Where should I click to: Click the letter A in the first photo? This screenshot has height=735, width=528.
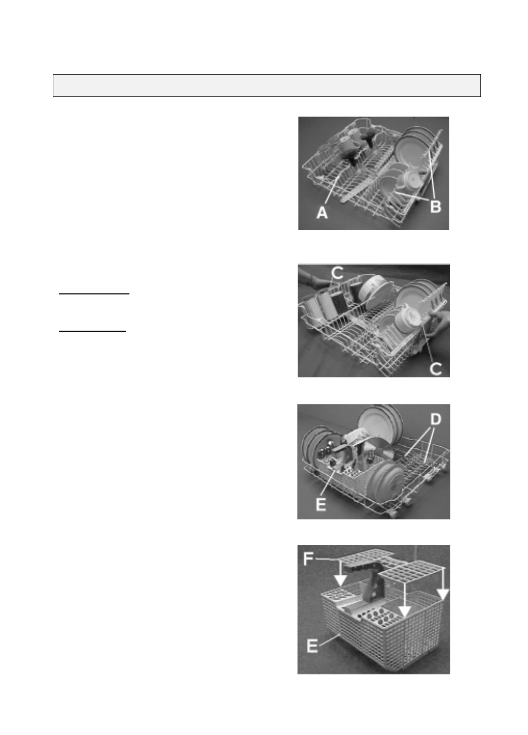pos(322,213)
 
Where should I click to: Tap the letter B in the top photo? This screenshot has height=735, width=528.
pos(435,207)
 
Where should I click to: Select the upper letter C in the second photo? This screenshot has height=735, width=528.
pos(338,273)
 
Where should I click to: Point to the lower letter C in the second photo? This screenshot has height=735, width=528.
pos(435,369)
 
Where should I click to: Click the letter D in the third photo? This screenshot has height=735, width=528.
pos(435,419)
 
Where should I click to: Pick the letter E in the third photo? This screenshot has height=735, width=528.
pos(321,504)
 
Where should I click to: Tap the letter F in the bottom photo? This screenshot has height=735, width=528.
pos(309,559)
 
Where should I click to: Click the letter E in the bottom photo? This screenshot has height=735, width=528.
pos(312,646)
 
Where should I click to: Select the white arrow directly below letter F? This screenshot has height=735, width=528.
pos(341,574)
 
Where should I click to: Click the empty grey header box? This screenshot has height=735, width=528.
pos(267,86)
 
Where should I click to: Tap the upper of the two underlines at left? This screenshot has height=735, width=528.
pos(94,294)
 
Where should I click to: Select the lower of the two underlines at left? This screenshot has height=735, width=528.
pos(93,331)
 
